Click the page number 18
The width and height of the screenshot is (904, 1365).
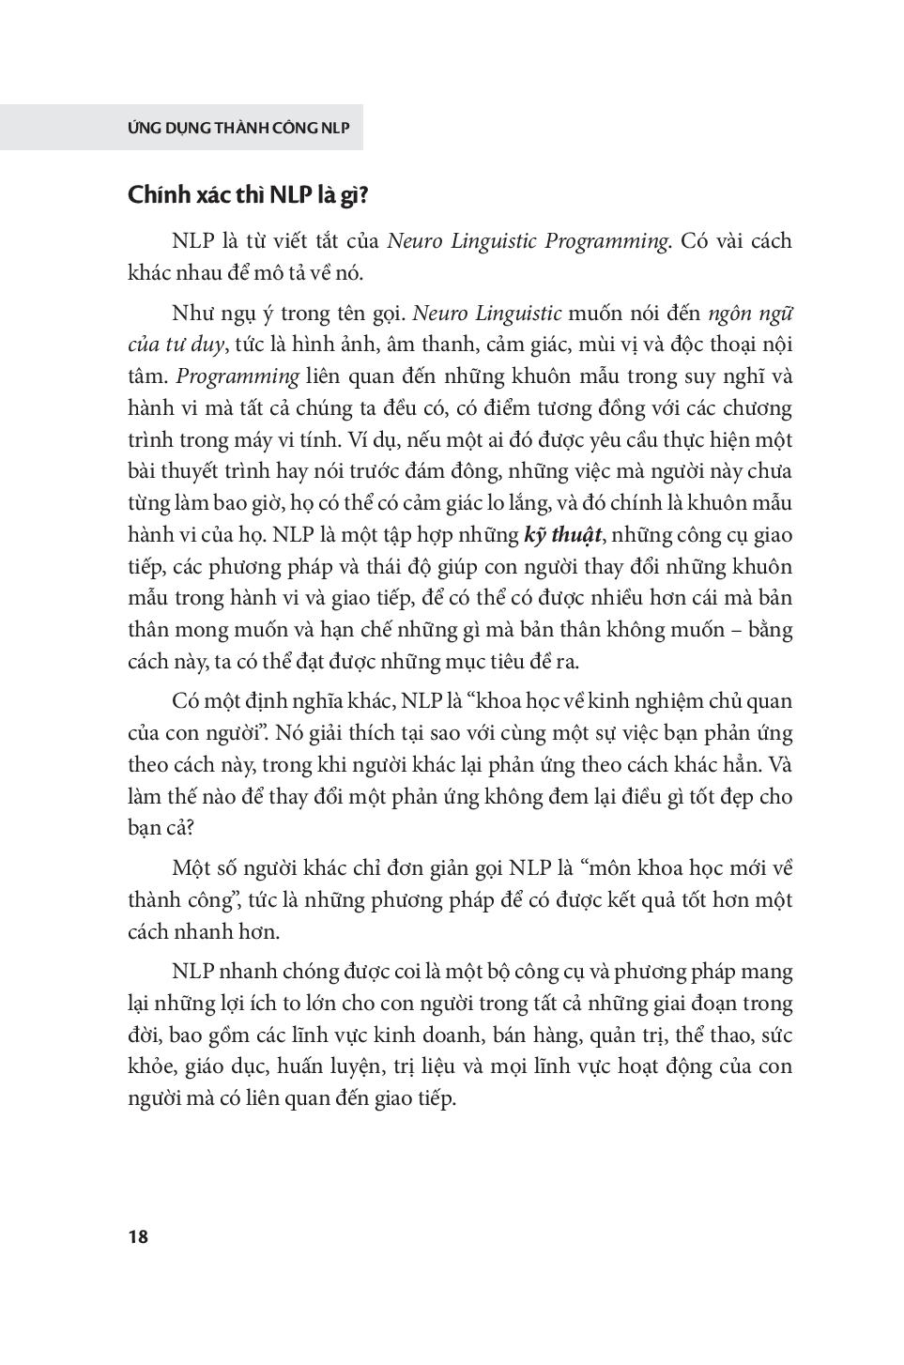(138, 1236)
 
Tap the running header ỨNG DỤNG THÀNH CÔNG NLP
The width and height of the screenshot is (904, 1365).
(238, 128)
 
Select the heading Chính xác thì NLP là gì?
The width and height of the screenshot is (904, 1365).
(248, 195)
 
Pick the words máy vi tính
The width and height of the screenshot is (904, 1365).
(273, 439)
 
